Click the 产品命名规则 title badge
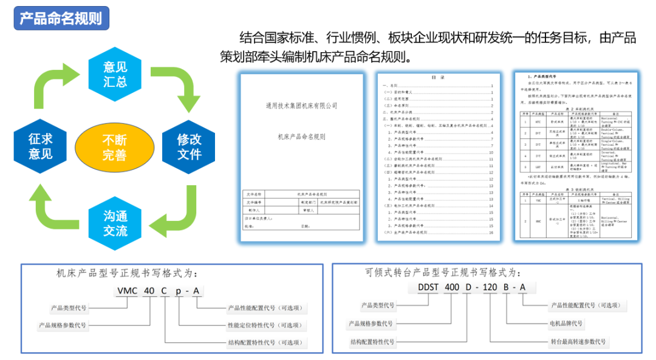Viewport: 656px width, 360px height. (61, 18)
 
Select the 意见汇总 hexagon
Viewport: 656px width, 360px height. (115, 74)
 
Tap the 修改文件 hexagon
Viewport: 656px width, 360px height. (189, 147)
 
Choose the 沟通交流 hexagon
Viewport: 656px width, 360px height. (115, 223)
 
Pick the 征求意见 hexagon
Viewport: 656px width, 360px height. (40, 147)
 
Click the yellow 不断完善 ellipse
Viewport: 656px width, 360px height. (114, 147)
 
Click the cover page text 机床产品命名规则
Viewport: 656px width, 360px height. (302, 137)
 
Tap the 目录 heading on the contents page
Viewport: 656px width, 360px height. (438, 78)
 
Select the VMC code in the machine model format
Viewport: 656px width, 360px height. (127, 291)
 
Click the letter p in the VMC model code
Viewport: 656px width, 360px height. (178, 291)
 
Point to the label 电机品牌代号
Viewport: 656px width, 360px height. (566, 324)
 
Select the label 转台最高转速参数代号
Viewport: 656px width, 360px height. (578, 342)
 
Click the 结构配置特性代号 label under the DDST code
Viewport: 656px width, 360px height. (372, 342)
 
